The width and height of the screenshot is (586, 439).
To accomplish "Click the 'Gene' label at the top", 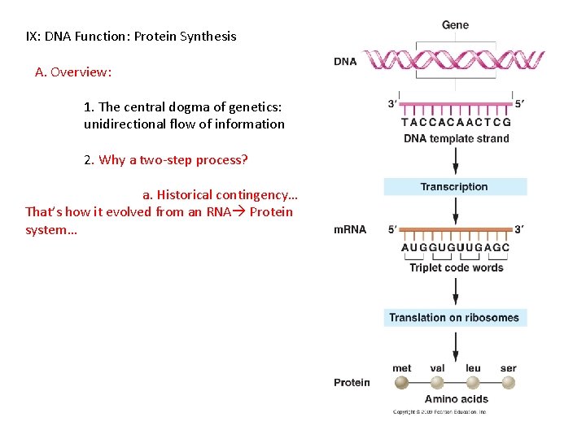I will (x=455, y=25).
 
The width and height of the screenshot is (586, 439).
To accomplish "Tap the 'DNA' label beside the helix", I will (x=345, y=62).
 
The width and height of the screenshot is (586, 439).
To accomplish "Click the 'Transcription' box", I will (x=455, y=187).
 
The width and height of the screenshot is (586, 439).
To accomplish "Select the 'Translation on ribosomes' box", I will (x=455, y=318).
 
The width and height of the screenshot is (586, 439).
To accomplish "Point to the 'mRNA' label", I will (x=350, y=230).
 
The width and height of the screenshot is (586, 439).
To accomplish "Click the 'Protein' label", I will (x=352, y=382).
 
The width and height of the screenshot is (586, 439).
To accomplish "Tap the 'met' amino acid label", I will (x=402, y=368).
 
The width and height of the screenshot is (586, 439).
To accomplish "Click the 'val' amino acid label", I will (x=437, y=368).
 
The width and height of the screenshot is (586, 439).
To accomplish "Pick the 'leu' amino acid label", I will (x=473, y=368).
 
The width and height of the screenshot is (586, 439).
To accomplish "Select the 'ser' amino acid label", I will (x=508, y=368).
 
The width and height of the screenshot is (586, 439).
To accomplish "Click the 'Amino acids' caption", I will (x=456, y=399).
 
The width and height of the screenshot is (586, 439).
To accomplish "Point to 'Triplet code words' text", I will (x=456, y=267).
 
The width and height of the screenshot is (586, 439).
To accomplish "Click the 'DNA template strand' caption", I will (x=456, y=138).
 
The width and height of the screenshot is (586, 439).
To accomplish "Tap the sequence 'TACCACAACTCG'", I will (x=456, y=123).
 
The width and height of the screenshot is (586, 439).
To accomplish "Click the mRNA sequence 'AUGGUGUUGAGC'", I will (x=456, y=248).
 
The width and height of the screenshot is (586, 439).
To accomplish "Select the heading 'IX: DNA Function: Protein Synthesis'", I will (x=131, y=36).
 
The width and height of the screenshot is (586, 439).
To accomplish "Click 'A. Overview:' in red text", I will (x=73, y=72).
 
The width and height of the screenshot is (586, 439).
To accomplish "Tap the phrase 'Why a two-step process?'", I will (x=173, y=159).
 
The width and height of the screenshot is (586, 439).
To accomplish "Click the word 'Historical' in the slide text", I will (x=185, y=194).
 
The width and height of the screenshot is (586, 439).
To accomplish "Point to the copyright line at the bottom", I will (x=439, y=412).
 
